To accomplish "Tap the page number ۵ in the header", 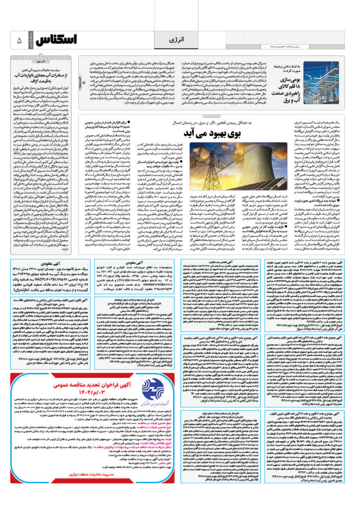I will point(19,41).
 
